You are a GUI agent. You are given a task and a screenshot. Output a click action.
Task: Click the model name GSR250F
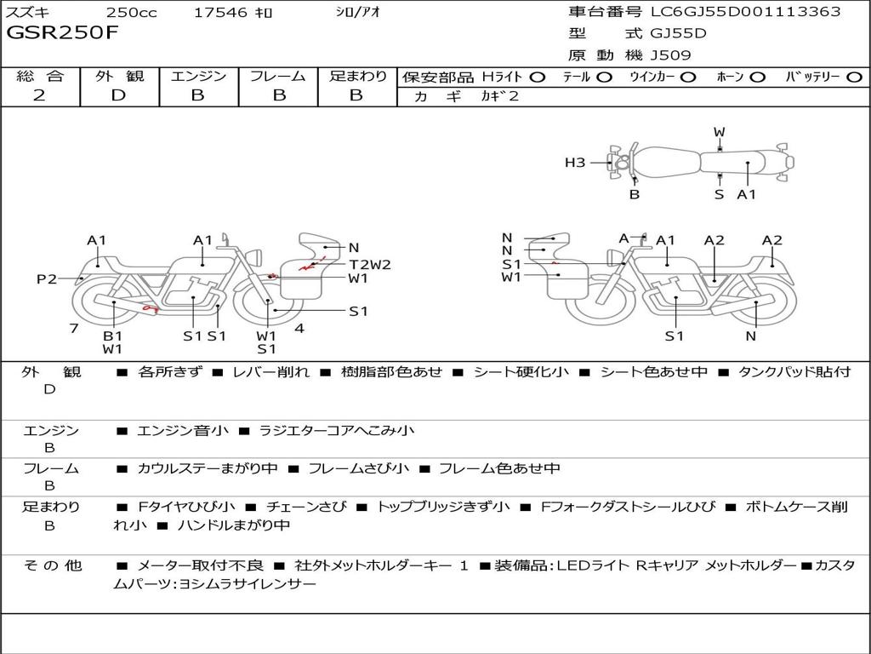click(x=62, y=32)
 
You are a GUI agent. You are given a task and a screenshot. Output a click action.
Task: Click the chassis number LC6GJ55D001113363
click(x=746, y=11)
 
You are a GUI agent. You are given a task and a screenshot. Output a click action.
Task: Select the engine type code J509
click(x=670, y=55)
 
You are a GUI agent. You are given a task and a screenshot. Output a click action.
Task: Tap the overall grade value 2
click(x=39, y=95)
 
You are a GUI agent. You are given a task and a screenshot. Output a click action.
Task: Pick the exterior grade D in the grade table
click(x=119, y=95)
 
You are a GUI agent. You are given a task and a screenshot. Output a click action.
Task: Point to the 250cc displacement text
click(x=131, y=12)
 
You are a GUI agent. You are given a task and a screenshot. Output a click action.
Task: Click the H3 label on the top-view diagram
click(x=575, y=163)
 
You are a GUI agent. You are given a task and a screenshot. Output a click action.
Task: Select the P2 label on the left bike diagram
click(x=47, y=278)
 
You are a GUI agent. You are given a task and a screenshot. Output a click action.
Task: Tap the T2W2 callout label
click(x=370, y=265)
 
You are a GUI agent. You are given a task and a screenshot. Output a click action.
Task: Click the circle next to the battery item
click(x=854, y=77)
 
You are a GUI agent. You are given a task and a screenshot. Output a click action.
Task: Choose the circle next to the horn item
click(x=758, y=77)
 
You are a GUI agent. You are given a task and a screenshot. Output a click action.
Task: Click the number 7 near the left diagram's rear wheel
click(x=74, y=328)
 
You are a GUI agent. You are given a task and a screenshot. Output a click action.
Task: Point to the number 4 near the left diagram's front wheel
click(x=299, y=328)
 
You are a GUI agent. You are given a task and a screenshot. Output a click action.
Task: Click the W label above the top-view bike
click(x=720, y=132)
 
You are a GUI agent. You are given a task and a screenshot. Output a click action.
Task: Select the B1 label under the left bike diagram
click(x=113, y=336)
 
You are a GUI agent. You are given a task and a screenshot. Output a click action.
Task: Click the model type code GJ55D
click(x=678, y=33)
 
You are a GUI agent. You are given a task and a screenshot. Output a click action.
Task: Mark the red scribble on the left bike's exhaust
click(x=150, y=307)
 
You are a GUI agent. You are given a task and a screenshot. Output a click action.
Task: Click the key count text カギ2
click(x=500, y=96)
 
